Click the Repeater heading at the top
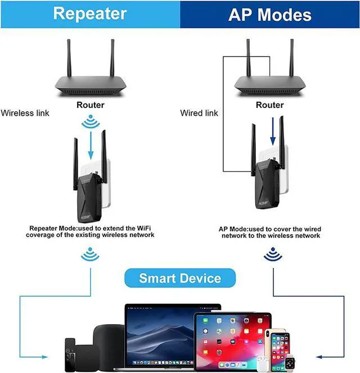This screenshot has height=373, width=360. tap(90, 14)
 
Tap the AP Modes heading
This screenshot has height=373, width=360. tap(269, 14)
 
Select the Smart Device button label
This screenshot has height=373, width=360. tap(180, 278)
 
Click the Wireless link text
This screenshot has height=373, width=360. tap(25, 113)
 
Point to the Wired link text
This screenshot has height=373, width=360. tap(199, 113)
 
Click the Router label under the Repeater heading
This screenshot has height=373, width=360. tap(91, 105)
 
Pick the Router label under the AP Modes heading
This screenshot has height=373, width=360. tap(269, 105)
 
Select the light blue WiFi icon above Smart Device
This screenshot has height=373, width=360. tap(90, 254)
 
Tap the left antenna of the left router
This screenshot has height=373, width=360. tap(69, 59)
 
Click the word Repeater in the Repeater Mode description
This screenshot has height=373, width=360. tap(44, 228)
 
